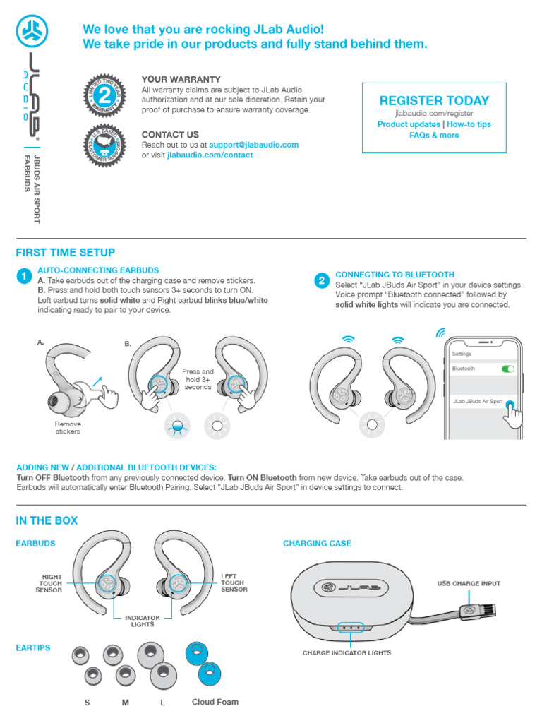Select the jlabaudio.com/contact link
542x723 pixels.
tap(210, 155)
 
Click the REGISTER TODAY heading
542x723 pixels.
tap(434, 100)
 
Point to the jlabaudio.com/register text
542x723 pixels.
tap(434, 113)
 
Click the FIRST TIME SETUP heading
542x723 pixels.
tap(65, 253)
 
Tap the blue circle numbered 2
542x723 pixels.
tap(321, 281)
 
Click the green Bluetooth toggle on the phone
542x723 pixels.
tap(507, 369)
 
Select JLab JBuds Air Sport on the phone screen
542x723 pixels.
tap(478, 401)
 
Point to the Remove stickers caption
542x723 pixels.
tap(68, 428)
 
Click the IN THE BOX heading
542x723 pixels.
tap(47, 520)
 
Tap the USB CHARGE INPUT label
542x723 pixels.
tap(469, 583)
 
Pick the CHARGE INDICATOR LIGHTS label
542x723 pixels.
tap(347, 653)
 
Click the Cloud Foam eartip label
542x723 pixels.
tap(215, 702)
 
